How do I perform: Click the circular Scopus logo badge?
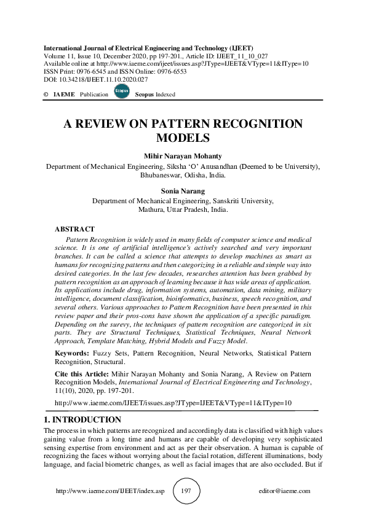pos(121,92)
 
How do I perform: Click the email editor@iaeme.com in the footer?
pos(285,491)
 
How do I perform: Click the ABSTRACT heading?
pos(75,229)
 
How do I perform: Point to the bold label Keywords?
pos(73,354)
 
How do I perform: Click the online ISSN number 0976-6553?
pos(170,72)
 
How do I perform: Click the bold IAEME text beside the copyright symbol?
pos(64,95)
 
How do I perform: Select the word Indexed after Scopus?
pos(164,95)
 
